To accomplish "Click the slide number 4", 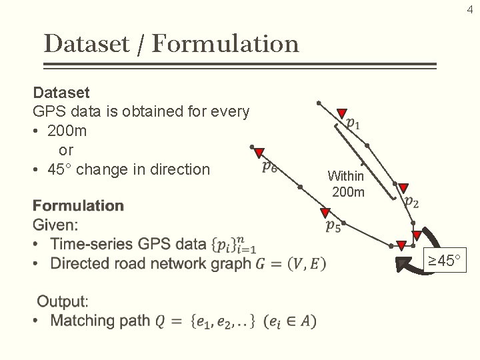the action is [469, 9].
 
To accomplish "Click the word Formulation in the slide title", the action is [225, 44].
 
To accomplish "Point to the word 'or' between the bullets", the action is [66, 150].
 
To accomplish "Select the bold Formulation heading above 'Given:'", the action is [78, 205].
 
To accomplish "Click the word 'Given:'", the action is [55, 225].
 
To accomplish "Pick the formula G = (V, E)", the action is [291, 263].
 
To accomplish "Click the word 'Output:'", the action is [63, 301].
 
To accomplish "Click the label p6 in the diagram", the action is [270, 165].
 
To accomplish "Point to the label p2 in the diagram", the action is [412, 201].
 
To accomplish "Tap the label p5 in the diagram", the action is [333, 227].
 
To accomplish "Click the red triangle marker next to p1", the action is [341, 113].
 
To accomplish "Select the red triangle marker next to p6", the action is [259, 153].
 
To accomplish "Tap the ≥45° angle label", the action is [445, 261].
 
